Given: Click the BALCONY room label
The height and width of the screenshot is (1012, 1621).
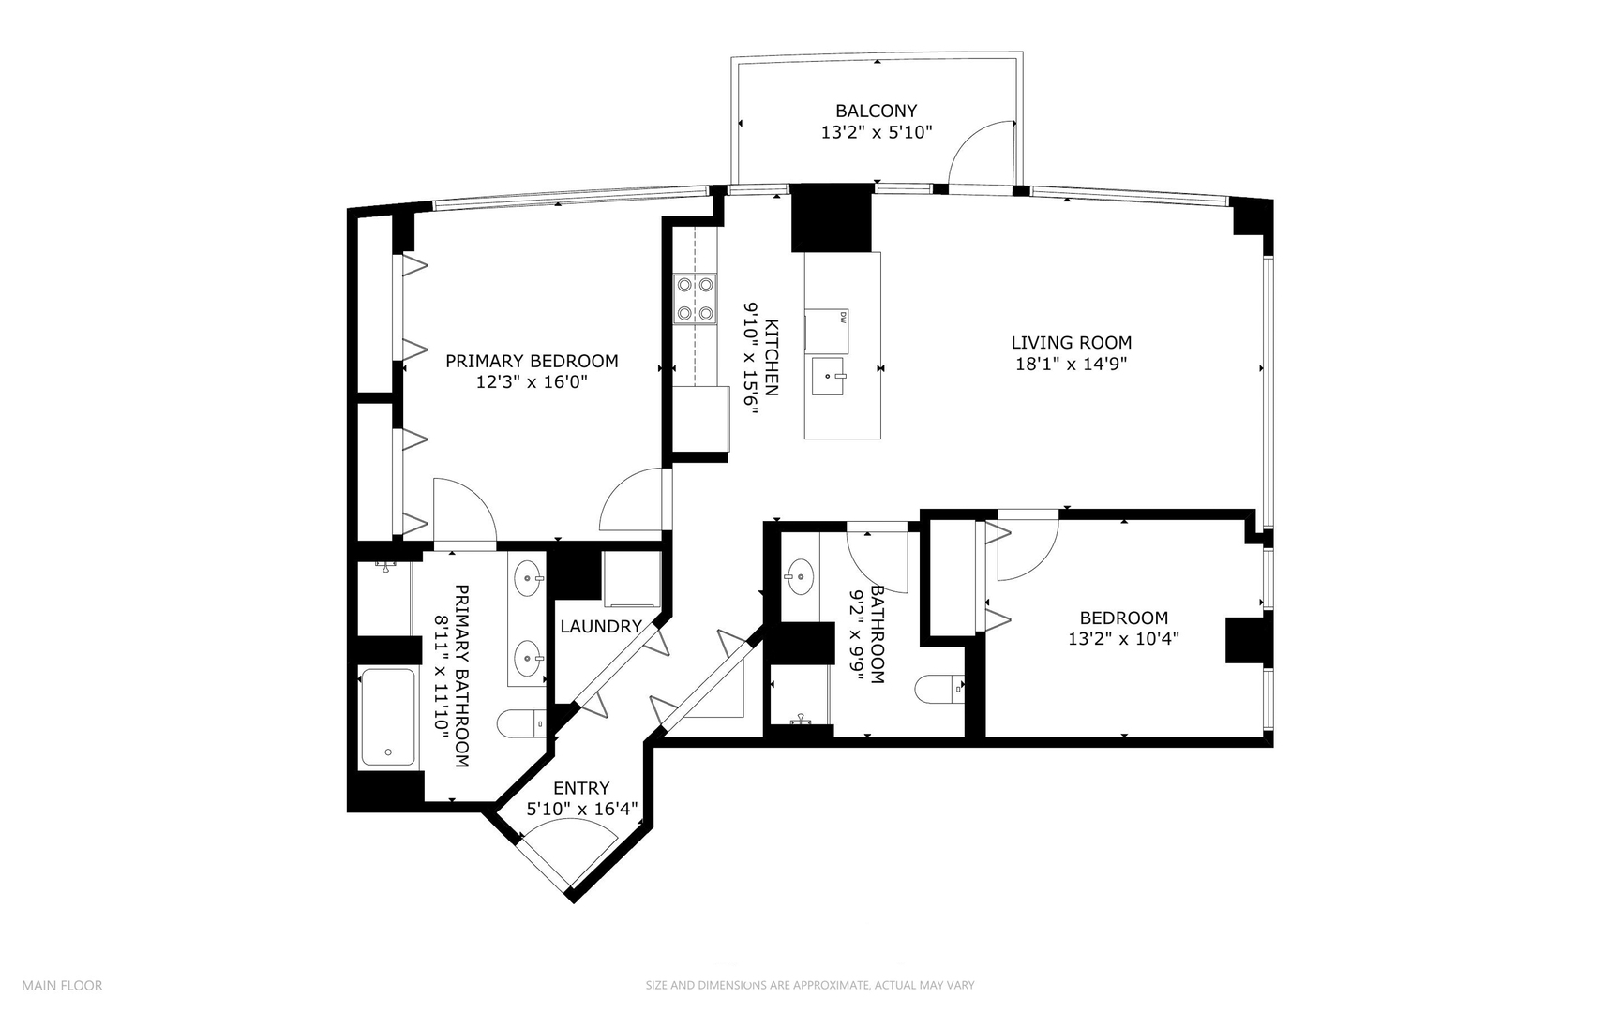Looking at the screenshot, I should (x=876, y=111).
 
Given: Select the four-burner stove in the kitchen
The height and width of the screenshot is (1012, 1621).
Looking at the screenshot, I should (x=695, y=299).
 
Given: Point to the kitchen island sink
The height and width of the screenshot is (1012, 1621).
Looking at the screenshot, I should (x=829, y=377).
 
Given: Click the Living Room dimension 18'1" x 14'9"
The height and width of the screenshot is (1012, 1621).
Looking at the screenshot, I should (x=1071, y=365).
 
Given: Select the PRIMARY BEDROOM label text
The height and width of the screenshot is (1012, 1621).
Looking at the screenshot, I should (x=532, y=361).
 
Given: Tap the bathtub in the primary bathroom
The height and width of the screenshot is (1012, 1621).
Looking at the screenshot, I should (x=389, y=717).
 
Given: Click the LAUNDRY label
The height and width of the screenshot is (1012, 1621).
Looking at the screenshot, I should (x=601, y=627).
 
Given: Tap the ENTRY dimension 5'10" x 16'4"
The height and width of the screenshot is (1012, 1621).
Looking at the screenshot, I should (x=581, y=810).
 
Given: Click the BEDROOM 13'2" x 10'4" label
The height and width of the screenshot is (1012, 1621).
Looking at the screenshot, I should (x=1123, y=628).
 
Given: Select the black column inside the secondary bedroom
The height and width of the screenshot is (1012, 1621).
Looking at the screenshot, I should (x=1244, y=641).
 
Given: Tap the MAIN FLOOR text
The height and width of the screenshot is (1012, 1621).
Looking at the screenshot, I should (x=62, y=985).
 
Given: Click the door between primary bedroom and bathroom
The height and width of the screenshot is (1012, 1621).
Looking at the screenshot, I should (x=464, y=511).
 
